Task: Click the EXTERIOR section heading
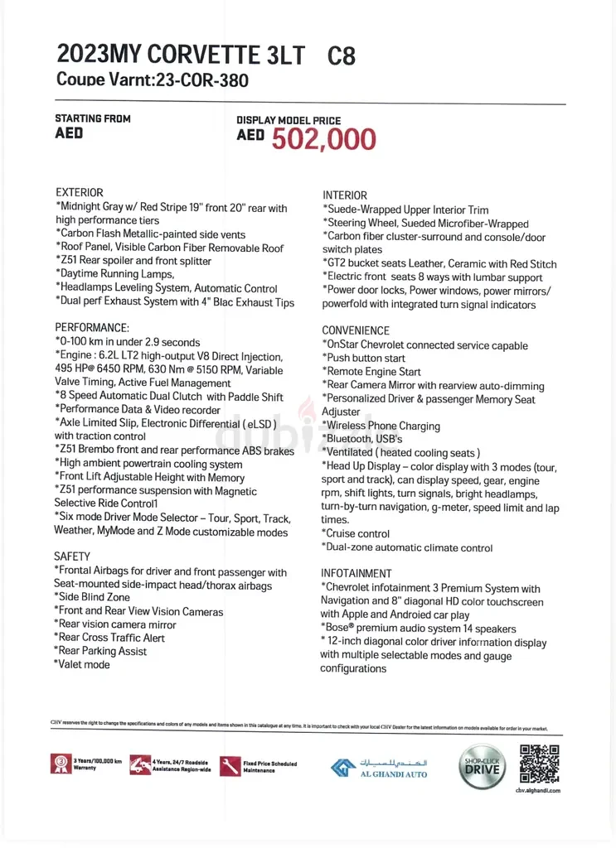pos(80,192)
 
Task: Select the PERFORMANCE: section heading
pos(92,328)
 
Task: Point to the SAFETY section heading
pos(72,556)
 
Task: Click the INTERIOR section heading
pos(345,195)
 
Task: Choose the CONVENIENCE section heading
pos(356,330)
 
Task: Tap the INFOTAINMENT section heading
pos(357,573)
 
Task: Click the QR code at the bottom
pos(539,764)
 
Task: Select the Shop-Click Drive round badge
pos(481,767)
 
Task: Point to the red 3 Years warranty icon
pos(61,764)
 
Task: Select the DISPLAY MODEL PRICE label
pos(289,121)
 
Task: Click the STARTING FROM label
pos(93,118)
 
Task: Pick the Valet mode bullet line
pos(82,664)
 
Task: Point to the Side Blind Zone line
pos(92,596)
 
